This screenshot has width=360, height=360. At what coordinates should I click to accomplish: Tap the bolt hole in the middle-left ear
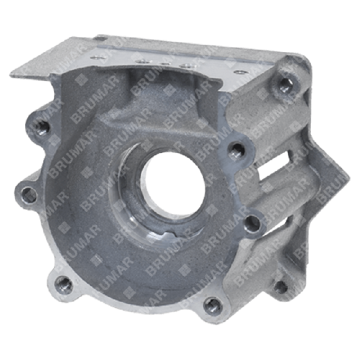point(25,194)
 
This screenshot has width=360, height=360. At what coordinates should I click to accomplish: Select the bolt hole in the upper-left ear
point(42,127)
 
